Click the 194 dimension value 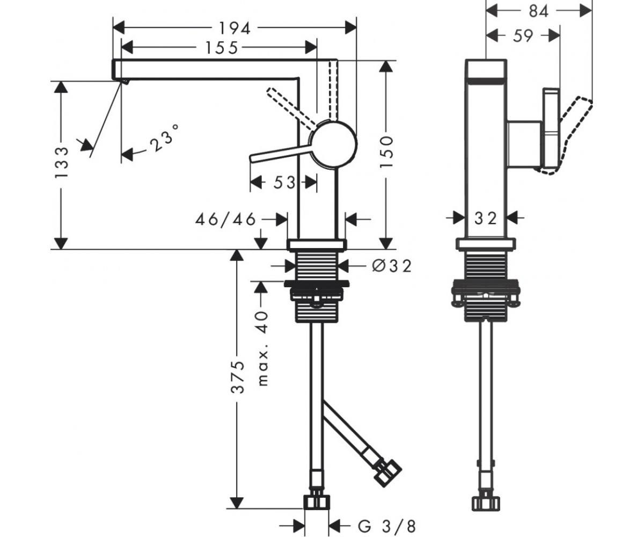[235, 28]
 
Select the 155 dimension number [222, 48]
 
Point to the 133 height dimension [61, 162]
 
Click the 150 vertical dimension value [386, 152]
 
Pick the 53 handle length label [284, 183]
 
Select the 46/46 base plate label [225, 219]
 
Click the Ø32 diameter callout [392, 266]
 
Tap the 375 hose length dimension [238, 377]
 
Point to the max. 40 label [262, 349]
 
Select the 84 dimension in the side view [539, 11]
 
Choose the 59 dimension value [523, 36]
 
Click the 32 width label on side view [486, 219]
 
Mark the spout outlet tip [125, 82]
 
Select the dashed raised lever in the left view [291, 108]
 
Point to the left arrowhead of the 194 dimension [119, 28]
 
